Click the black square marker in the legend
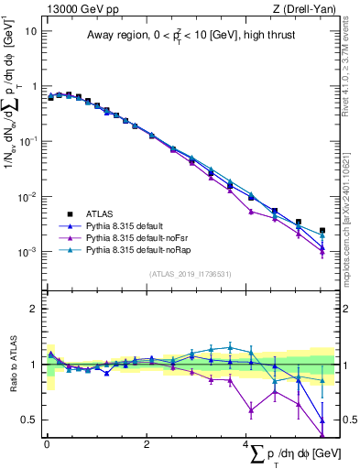[x=65, y=213]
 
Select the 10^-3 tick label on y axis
[x=27, y=252]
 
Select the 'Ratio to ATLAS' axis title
[x=10, y=364]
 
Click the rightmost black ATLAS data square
[x=322, y=231]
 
